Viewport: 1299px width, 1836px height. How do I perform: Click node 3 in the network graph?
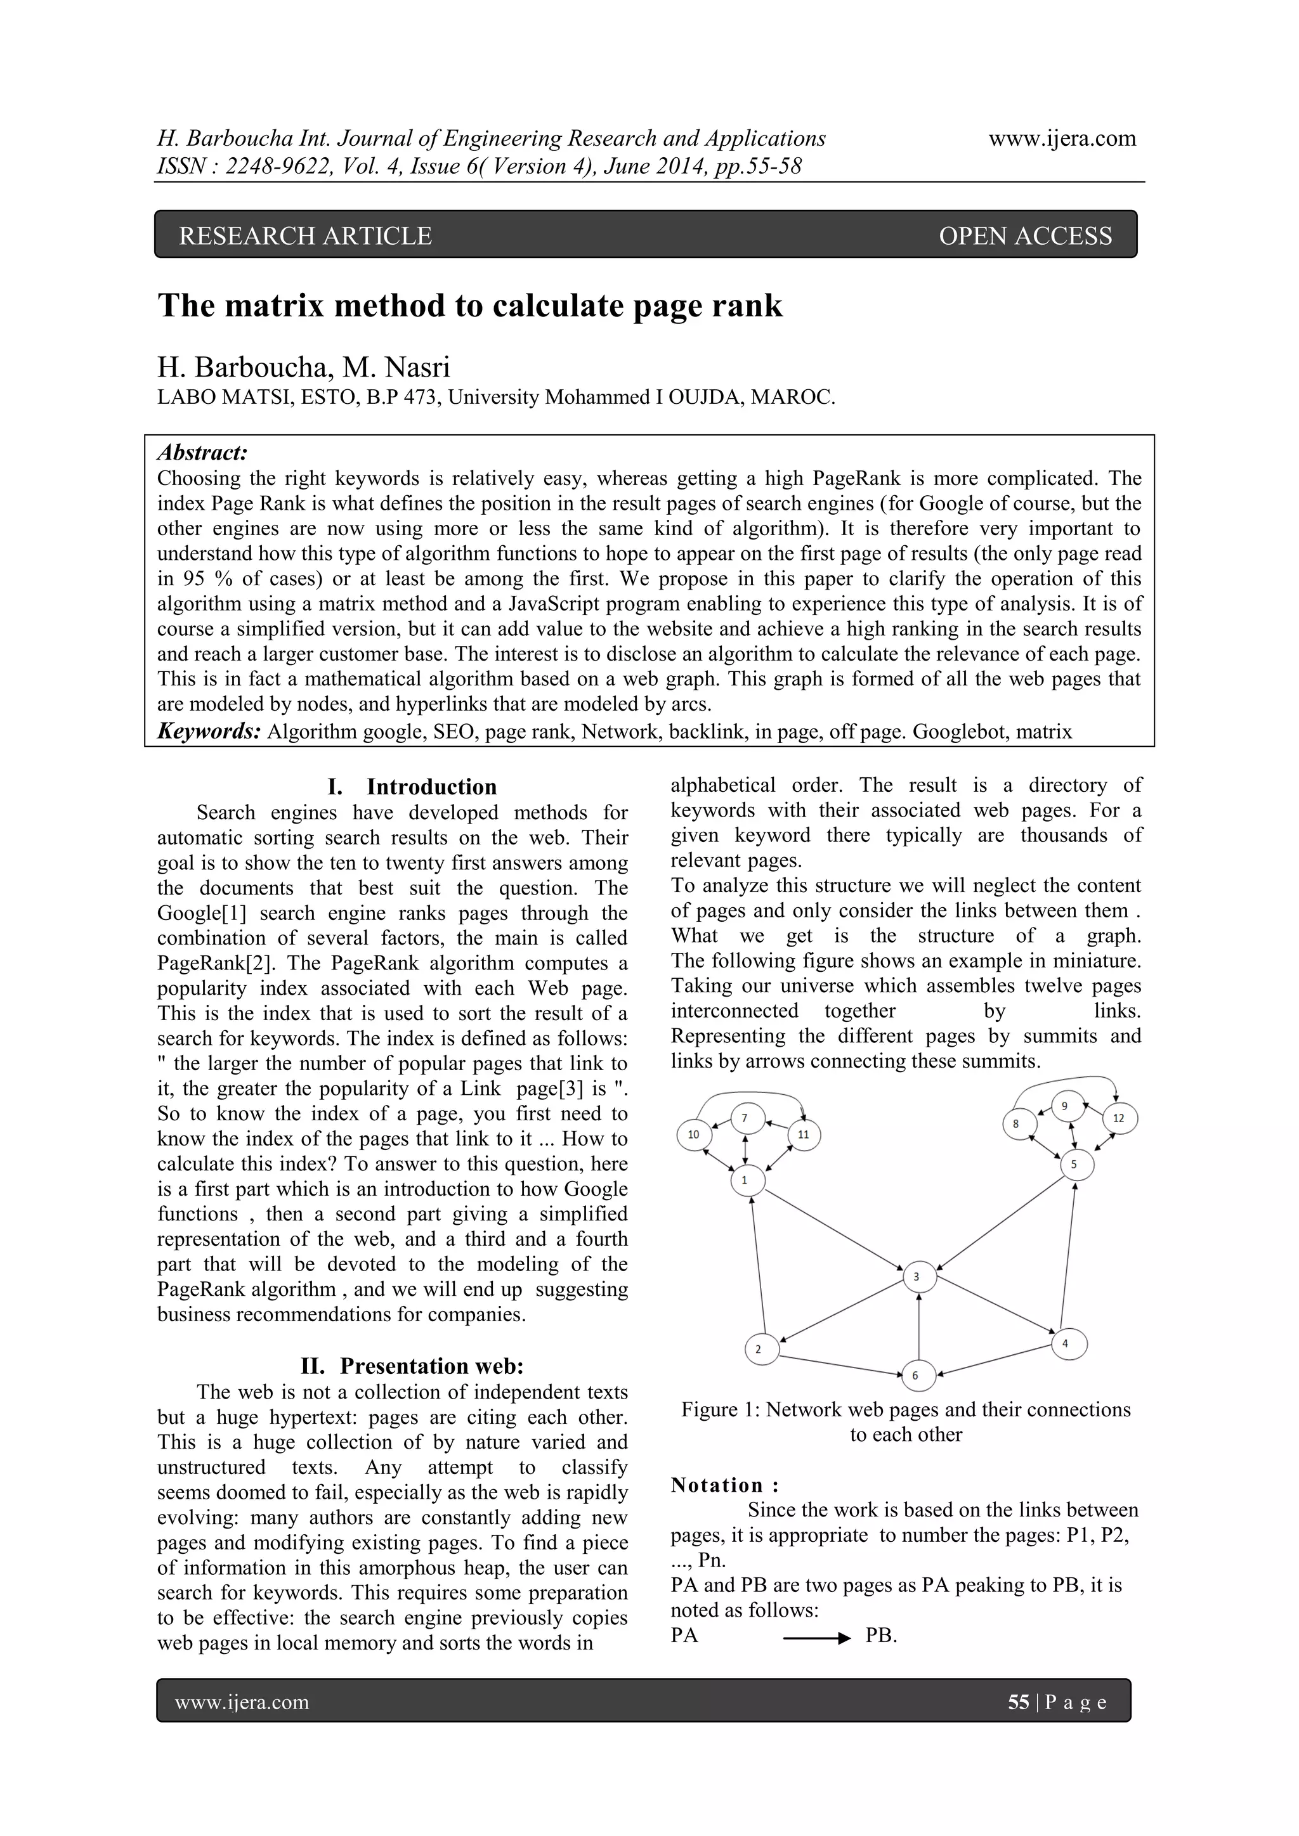(917, 1277)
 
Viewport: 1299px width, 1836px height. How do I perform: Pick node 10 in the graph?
(693, 1134)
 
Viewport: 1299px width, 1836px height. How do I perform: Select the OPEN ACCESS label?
(1024, 236)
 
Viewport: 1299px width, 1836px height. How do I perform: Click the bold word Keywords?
(209, 731)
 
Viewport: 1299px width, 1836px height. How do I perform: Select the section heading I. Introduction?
(412, 787)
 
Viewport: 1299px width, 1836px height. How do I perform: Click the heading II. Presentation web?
(412, 1365)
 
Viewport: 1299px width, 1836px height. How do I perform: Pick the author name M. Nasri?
(396, 367)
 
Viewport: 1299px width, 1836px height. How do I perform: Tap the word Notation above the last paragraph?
(717, 1485)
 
